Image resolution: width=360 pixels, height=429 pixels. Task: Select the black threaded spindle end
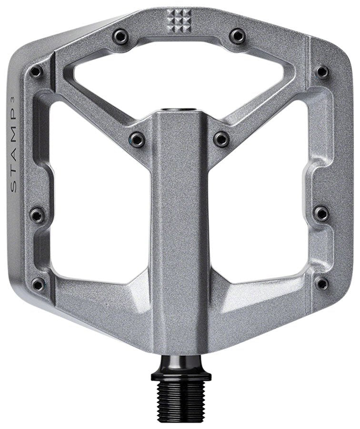click(181, 401)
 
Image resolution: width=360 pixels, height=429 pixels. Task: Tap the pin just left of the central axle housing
click(137, 139)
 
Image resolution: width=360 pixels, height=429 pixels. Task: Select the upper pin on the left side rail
click(36, 72)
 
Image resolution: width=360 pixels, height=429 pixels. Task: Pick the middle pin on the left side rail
click(37, 214)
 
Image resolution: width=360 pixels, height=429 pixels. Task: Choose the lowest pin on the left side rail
click(38, 284)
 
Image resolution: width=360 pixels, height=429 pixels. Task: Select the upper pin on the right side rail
click(322, 71)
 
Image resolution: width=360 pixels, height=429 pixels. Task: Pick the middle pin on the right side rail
click(322, 213)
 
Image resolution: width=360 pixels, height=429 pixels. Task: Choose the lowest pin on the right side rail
click(322, 283)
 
